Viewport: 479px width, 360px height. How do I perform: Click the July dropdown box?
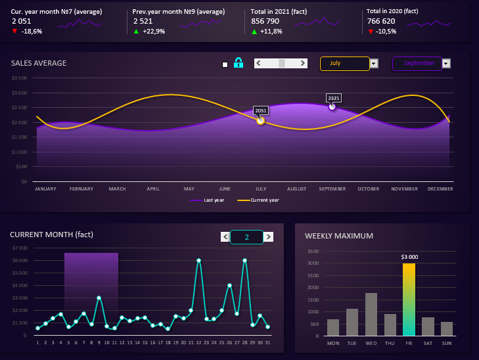(344, 64)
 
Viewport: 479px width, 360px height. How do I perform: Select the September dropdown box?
(417, 64)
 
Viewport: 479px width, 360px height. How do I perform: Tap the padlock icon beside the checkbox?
(239, 63)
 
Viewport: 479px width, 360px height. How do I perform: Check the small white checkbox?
(225, 64)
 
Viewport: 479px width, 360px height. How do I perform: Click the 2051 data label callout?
(261, 110)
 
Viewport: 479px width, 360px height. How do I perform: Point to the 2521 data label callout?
(334, 98)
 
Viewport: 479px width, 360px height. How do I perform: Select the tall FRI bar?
(409, 300)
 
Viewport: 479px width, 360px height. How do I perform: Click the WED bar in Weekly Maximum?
(371, 314)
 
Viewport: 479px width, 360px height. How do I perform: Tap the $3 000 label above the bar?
(409, 257)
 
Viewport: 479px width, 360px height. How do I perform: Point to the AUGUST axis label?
(297, 189)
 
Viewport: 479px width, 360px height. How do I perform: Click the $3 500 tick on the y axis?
(19, 78)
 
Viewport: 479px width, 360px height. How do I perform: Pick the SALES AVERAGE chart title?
(39, 63)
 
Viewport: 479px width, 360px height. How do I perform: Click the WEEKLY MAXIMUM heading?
(339, 236)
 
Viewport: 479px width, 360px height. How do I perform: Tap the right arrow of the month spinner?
(268, 237)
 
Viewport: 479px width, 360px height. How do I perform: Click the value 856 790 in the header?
(267, 21)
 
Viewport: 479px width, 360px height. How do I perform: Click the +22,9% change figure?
(155, 32)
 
